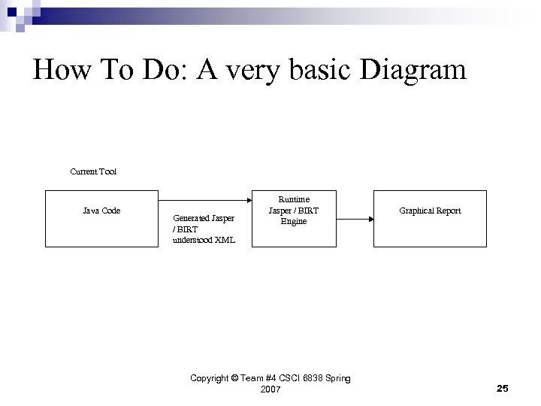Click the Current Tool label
point(93,171)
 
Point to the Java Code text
point(101,211)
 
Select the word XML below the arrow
point(224,240)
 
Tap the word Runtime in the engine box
point(294,199)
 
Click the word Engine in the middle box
point(294,221)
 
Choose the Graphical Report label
point(430,211)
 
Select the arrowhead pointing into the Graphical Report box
point(370,219)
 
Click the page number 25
point(503,388)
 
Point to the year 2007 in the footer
point(270,389)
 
